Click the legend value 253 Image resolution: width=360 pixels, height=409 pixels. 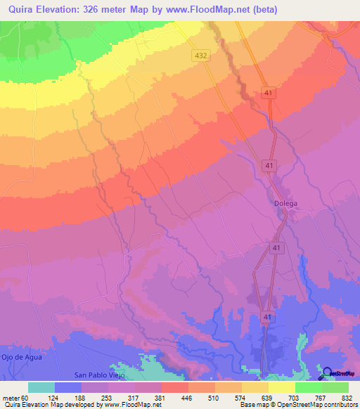114,397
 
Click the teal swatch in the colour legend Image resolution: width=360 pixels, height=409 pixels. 41,387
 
